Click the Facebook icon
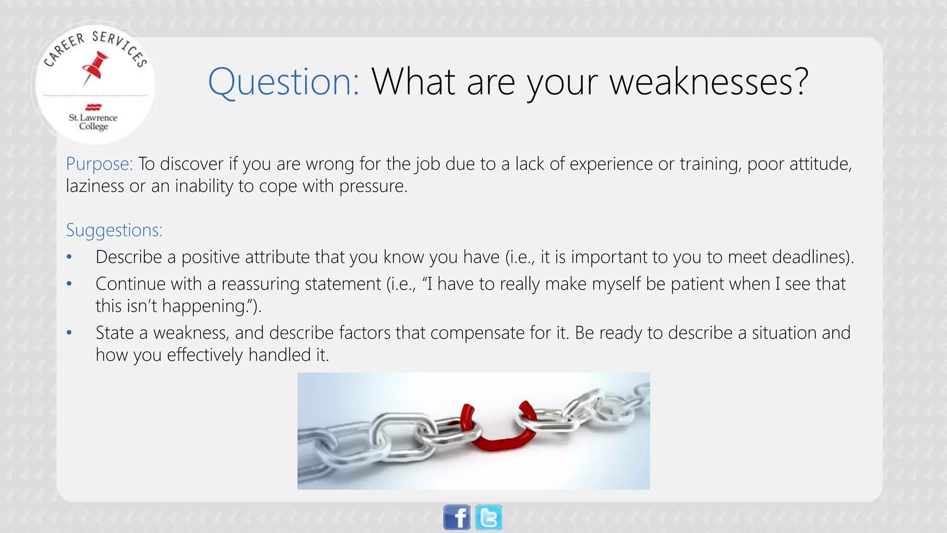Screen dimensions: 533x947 click(x=457, y=517)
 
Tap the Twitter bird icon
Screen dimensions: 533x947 click(x=489, y=517)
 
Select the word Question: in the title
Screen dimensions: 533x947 click(x=283, y=81)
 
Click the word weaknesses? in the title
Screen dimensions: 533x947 click(x=709, y=81)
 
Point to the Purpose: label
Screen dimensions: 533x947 click(x=99, y=164)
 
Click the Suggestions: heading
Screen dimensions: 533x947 click(x=114, y=230)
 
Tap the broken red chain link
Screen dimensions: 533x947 click(x=497, y=428)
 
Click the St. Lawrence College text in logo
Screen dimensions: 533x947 click(x=93, y=122)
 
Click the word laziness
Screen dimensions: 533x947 click(x=95, y=186)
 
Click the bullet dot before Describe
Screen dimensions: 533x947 click(x=69, y=257)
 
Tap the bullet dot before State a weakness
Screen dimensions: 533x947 click(x=69, y=333)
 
